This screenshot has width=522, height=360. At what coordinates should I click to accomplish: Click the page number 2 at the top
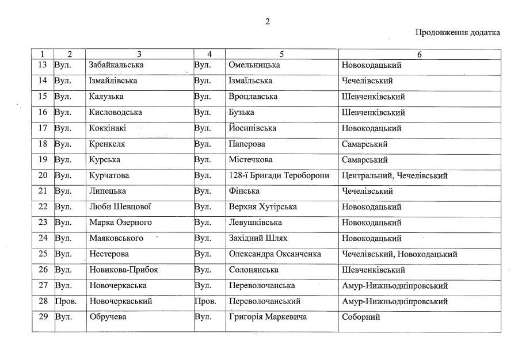coord(267,22)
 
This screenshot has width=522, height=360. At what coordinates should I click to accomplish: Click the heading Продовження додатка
coord(458,32)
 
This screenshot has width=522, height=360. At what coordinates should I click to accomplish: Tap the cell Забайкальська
coord(116,65)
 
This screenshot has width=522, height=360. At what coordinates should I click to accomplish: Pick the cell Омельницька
coord(254,65)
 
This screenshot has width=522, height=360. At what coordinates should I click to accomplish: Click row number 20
coord(42,175)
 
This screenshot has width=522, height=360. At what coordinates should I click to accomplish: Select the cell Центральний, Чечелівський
coord(394,175)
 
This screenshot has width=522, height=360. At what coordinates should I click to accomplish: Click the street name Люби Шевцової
coord(120,207)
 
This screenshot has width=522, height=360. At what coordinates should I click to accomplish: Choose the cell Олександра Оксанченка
coord(275,254)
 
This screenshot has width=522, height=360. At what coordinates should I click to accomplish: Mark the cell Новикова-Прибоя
coord(124,270)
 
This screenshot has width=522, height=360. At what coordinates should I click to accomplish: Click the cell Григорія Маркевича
coord(268,317)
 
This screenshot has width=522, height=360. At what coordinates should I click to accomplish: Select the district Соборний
coord(361,317)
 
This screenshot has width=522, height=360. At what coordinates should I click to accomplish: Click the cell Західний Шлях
coord(258,238)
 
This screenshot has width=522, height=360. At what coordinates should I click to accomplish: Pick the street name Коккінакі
coord(108,128)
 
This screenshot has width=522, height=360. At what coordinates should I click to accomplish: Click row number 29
coord(42,317)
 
